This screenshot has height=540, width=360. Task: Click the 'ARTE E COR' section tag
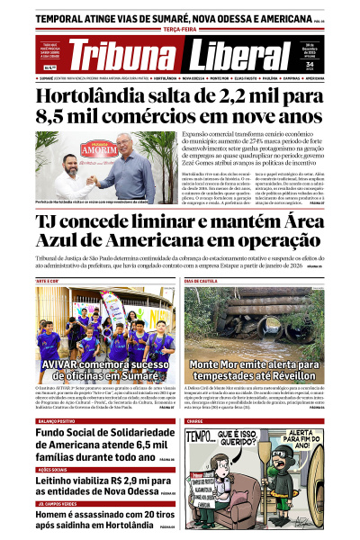click(x=47, y=282)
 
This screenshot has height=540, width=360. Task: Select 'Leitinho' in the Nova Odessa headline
click(x=64, y=484)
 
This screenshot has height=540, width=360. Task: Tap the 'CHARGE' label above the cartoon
click(x=196, y=421)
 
